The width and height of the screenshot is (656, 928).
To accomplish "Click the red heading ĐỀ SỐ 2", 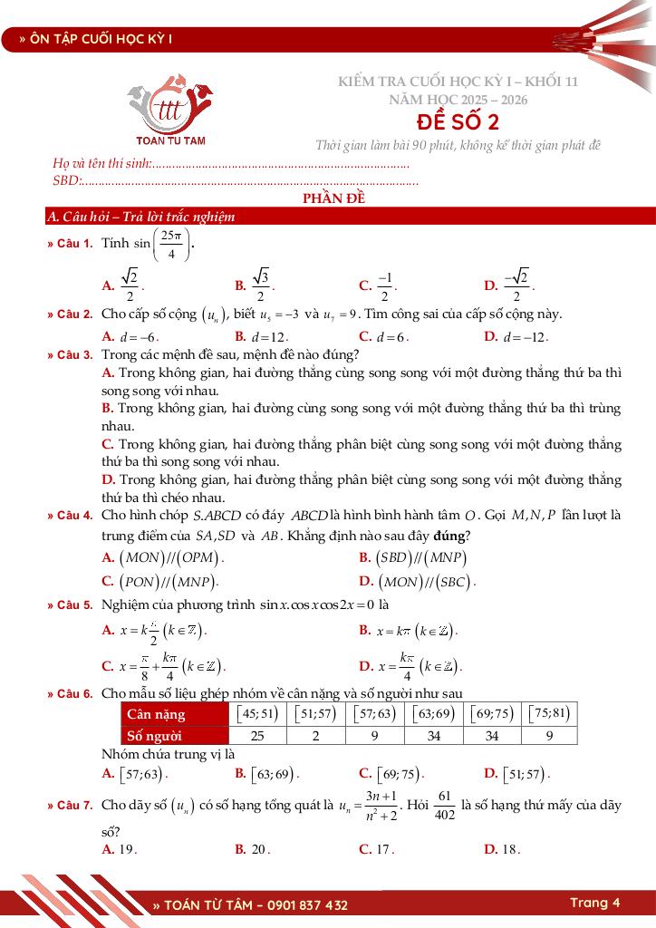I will [458, 122].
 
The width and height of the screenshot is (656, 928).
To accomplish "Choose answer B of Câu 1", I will [254, 285].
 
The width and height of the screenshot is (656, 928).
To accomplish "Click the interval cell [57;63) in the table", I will [374, 713].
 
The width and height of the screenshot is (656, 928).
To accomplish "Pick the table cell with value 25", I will [257, 735].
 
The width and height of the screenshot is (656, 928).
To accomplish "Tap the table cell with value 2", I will [315, 735].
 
